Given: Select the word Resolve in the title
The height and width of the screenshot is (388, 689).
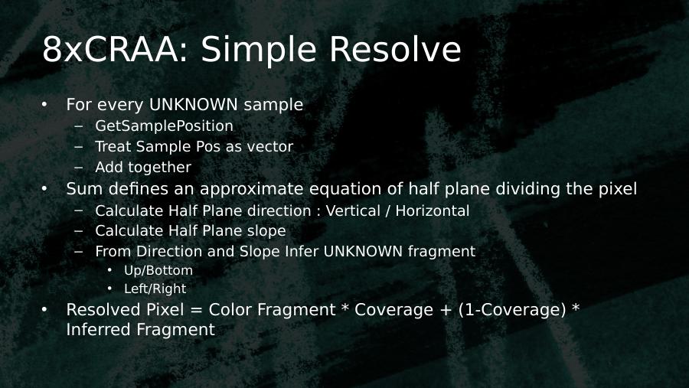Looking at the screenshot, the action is pyautogui.click(x=395, y=49).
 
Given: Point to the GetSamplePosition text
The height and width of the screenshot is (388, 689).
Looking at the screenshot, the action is pyautogui.click(x=164, y=126).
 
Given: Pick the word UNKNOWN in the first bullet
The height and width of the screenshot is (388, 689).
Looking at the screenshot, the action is pyautogui.click(x=194, y=105).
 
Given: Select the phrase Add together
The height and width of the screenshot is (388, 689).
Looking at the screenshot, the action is pyautogui.click(x=143, y=168).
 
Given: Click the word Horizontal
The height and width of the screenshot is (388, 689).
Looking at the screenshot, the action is pyautogui.click(x=433, y=211).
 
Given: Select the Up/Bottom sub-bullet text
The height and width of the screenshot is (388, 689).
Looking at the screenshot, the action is pyautogui.click(x=158, y=271).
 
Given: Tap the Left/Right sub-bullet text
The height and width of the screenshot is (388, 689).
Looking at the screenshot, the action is pyautogui.click(x=155, y=289).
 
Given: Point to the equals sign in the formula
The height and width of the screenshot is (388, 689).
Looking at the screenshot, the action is pyautogui.click(x=197, y=310).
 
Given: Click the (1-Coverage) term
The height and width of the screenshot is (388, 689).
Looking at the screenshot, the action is pyautogui.click(x=512, y=310).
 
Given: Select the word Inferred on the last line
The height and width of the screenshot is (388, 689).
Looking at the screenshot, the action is pyautogui.click(x=98, y=330).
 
